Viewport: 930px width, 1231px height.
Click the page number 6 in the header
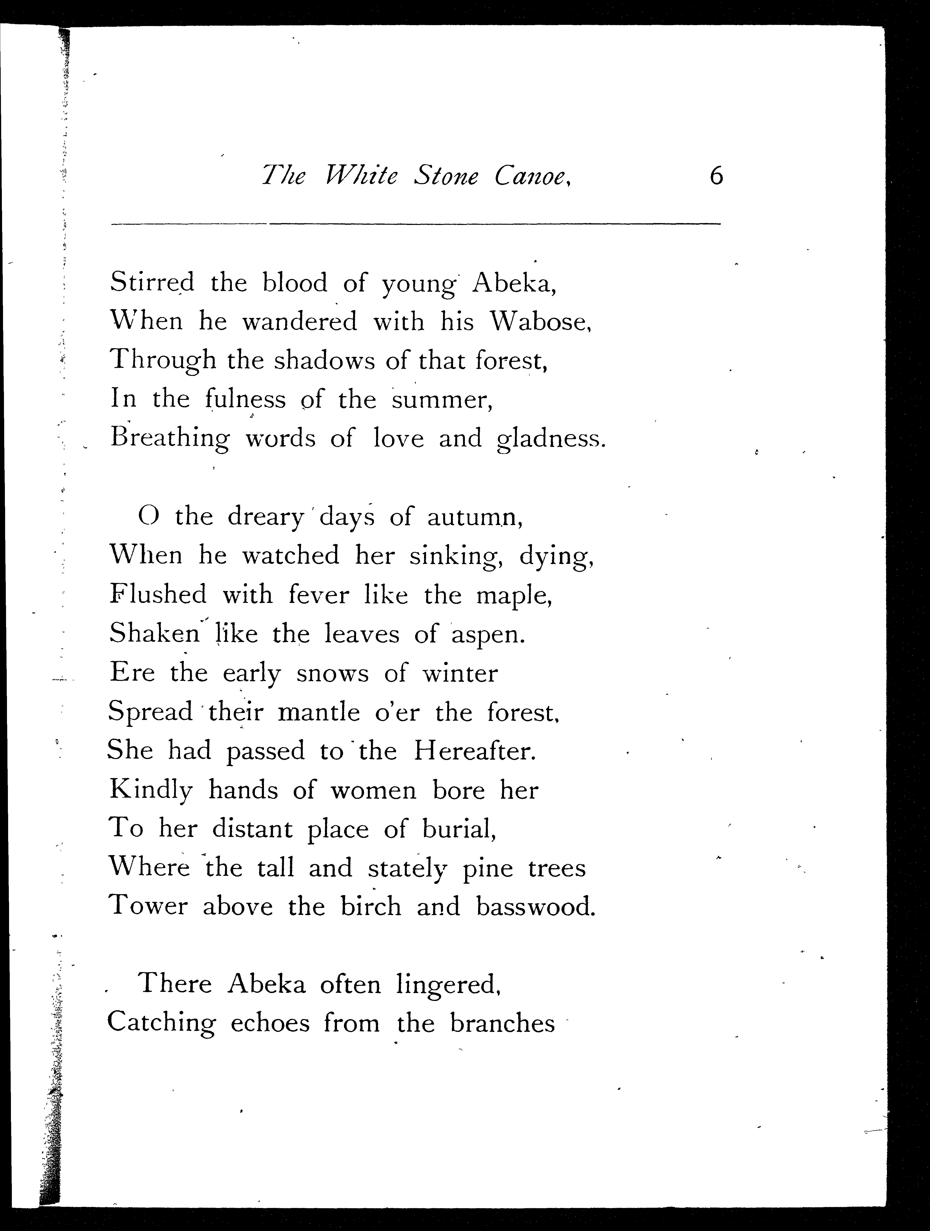(x=717, y=177)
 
